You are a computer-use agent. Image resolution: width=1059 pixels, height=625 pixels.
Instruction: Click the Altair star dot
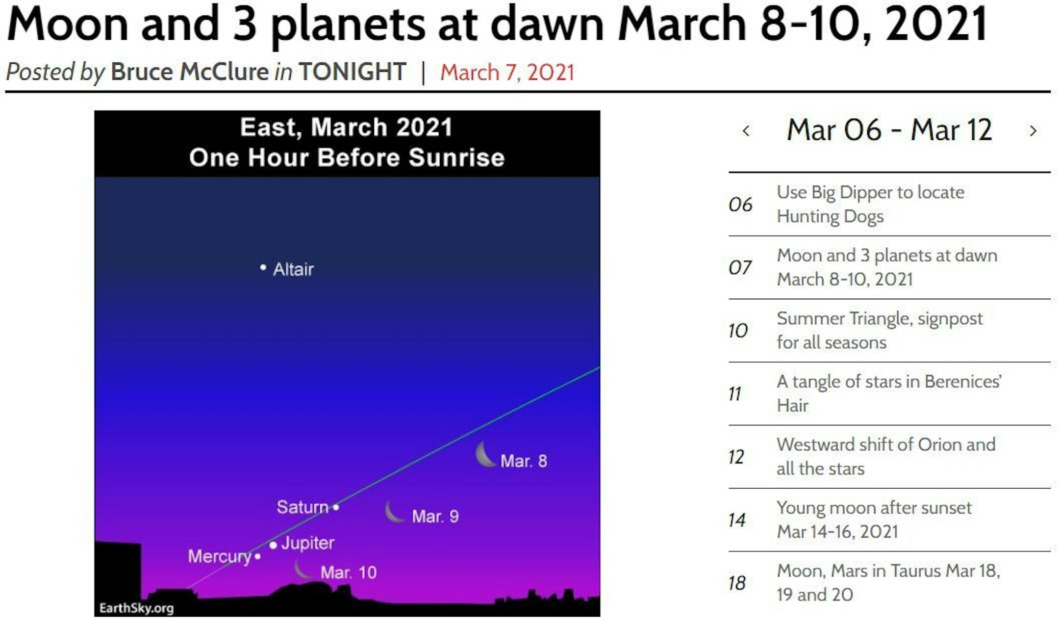pyautogui.click(x=263, y=267)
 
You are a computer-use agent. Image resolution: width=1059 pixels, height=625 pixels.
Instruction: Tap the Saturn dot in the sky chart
pyautogui.click(x=336, y=507)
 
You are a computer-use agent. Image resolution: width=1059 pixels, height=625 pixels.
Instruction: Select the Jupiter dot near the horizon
pyautogui.click(x=273, y=545)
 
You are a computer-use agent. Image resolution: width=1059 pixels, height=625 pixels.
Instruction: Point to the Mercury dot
pyautogui.click(x=258, y=556)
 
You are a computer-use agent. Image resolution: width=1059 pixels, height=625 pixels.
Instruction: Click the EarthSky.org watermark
pyautogui.click(x=136, y=608)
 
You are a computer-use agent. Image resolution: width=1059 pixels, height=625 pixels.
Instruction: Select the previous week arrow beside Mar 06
pyautogui.click(x=746, y=130)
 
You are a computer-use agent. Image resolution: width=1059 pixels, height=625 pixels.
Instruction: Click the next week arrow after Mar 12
pyautogui.click(x=1033, y=130)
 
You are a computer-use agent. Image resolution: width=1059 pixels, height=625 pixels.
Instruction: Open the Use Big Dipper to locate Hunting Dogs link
pyautogui.click(x=870, y=204)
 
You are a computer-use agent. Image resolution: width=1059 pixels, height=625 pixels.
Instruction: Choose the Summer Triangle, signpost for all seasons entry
pyautogui.click(x=880, y=330)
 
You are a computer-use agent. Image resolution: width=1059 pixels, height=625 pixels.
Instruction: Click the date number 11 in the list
pyautogui.click(x=734, y=394)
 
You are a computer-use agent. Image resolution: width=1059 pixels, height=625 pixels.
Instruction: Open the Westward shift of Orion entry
pyautogui.click(x=886, y=456)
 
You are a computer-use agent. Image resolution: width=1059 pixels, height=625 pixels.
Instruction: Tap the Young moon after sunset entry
pyautogui.click(x=874, y=520)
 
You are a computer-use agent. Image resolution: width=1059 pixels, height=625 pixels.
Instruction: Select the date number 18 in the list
pyautogui.click(x=737, y=583)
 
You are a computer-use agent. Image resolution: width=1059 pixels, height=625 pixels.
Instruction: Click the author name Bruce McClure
pyautogui.click(x=190, y=72)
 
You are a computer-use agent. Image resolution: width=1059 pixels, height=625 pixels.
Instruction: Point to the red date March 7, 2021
pyautogui.click(x=507, y=73)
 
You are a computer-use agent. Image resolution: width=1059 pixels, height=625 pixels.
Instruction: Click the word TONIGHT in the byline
pyautogui.click(x=353, y=72)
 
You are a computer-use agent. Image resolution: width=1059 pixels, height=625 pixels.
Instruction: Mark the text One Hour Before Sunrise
pyautogui.click(x=347, y=157)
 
